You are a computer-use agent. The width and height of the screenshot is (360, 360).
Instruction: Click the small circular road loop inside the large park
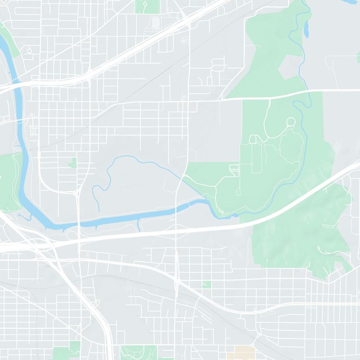pos(291,121)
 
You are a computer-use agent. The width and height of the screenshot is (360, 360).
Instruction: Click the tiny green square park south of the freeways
pos(207,284)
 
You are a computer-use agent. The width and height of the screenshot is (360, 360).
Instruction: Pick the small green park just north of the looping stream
pos(72,162)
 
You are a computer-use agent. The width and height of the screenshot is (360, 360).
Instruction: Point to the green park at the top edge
pos(147,6)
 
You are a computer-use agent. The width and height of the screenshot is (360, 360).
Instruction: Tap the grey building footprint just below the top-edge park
pos(156,21)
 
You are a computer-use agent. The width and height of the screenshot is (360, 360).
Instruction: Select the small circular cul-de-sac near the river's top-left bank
pos(29,51)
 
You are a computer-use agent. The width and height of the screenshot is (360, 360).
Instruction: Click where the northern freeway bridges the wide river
pos(17,81)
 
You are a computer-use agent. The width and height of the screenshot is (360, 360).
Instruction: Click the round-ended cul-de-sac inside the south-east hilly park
pos(319,248)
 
